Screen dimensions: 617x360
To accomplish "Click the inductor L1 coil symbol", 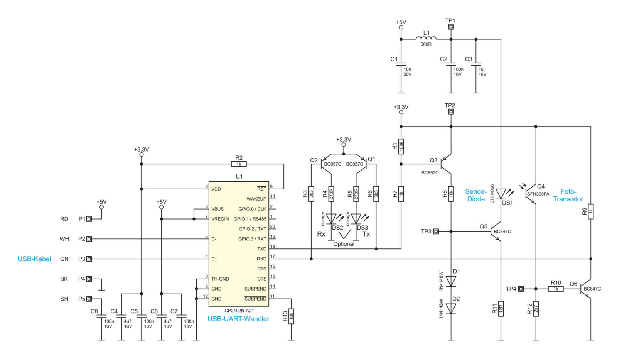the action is point(426,38).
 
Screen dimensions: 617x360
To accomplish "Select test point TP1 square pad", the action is point(451,27).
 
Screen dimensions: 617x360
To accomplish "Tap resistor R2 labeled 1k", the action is point(239,164).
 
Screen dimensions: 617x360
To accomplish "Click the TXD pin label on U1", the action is point(262,249).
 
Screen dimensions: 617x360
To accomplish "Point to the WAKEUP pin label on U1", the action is point(256,199).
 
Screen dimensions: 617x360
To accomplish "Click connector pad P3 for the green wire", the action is point(89,259).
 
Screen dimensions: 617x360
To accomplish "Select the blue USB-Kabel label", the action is point(34,259).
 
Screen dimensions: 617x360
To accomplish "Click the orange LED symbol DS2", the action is point(331,219).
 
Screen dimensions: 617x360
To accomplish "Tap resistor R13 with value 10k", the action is point(291,316).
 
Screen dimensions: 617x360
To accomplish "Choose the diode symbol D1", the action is point(451,281).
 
